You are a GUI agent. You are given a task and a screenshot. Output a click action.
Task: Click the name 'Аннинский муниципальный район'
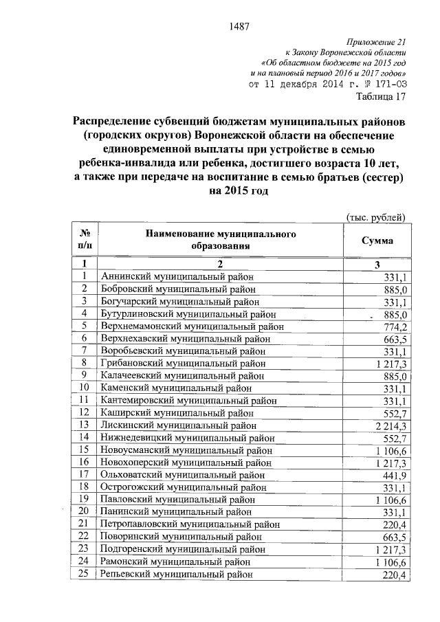click(x=175, y=276)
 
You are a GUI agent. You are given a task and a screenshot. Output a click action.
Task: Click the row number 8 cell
click(x=84, y=363)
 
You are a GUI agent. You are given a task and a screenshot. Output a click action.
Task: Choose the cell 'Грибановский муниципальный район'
click(x=182, y=363)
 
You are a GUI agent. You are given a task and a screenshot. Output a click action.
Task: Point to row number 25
click(x=84, y=575)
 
